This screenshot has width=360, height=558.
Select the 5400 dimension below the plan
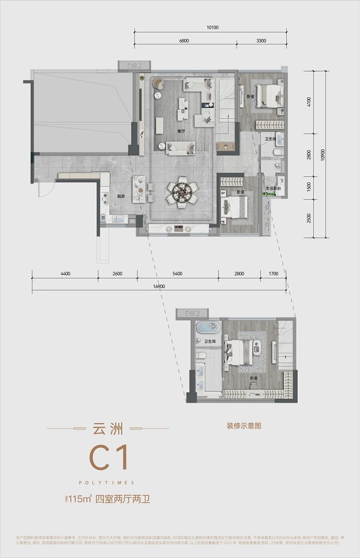177,274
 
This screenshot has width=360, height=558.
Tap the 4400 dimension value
65,274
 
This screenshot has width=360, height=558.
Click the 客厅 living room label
181,131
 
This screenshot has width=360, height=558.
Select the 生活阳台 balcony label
274,188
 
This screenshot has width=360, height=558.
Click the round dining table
181,193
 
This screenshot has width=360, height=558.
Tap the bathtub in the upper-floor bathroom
208,328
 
